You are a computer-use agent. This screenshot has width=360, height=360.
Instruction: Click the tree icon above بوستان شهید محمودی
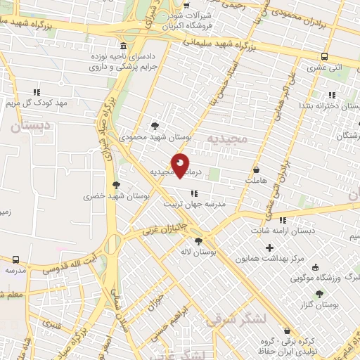tap(155, 126)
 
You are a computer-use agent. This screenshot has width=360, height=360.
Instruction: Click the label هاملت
tap(257, 181)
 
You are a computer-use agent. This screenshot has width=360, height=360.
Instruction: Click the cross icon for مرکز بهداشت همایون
tap(269, 247)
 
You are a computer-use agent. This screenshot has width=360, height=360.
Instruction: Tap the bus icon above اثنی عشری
tap(324, 56)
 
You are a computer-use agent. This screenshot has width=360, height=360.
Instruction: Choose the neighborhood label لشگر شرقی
tap(237, 319)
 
